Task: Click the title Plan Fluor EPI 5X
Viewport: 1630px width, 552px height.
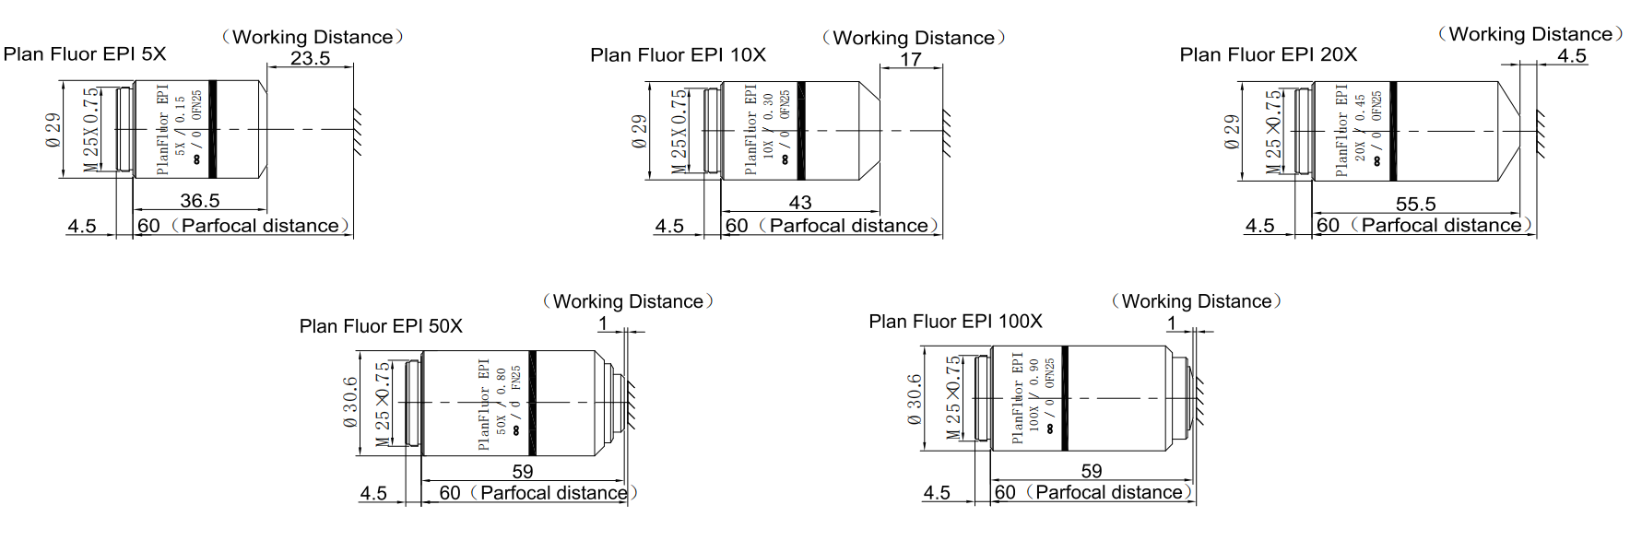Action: point(85,53)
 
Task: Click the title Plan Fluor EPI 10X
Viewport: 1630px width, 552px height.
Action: point(678,54)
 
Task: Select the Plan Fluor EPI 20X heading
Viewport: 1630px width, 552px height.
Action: point(1268,54)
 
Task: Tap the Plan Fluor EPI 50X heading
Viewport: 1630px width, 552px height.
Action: point(381,326)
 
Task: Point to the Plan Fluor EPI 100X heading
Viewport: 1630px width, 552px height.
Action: point(955,322)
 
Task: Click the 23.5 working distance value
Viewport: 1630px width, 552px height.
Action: point(310,58)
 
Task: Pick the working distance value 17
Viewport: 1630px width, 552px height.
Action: point(911,59)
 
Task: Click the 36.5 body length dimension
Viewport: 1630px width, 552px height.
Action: point(200,200)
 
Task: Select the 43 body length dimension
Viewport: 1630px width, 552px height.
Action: point(800,202)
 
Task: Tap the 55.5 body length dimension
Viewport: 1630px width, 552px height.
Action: point(1415,204)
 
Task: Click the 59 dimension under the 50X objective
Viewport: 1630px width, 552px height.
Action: point(523,471)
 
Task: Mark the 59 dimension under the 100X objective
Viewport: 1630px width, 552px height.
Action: point(1092,471)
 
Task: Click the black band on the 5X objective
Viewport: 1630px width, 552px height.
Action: point(213,129)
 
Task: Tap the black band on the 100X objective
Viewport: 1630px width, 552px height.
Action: point(1065,398)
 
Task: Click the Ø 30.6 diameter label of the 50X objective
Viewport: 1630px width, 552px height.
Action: point(350,402)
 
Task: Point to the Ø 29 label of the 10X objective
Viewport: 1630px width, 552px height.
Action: point(639,131)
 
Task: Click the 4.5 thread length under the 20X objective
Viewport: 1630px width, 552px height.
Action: point(1259,226)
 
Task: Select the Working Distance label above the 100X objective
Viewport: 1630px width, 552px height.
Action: point(1197,301)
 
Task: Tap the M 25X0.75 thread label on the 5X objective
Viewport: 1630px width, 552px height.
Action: point(90,129)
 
